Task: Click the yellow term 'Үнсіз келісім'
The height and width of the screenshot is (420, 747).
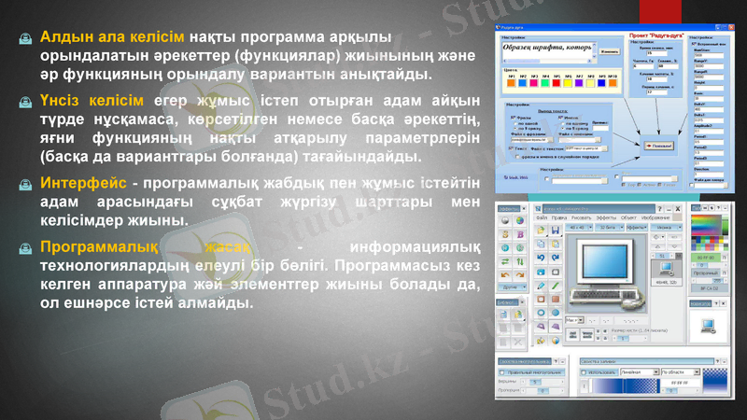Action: (x=92, y=99)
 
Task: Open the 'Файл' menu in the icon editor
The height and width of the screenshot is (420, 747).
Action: (x=541, y=217)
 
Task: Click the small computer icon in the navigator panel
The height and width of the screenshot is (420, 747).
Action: (x=708, y=324)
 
